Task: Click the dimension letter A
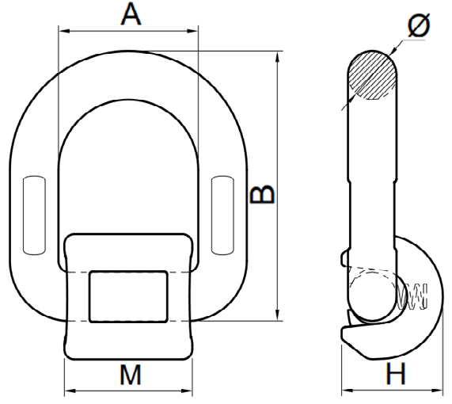click(x=131, y=13)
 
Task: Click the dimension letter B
click(x=263, y=194)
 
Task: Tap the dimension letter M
click(x=131, y=375)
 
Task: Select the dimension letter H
click(x=397, y=373)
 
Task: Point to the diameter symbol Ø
click(x=419, y=25)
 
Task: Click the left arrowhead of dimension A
click(x=64, y=31)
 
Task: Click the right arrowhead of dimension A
click(x=192, y=31)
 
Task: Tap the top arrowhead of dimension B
click(x=277, y=57)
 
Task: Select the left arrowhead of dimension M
click(x=70, y=391)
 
